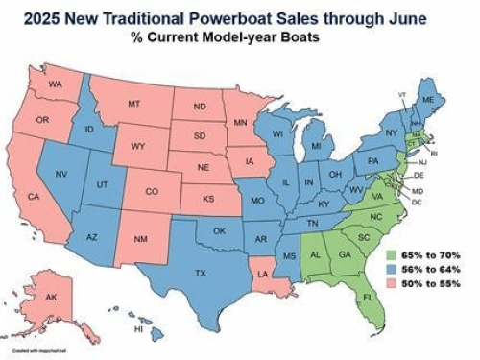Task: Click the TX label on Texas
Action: tap(200, 273)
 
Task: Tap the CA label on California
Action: tap(33, 197)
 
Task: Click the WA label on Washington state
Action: tap(55, 85)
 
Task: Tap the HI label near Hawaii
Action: tap(138, 328)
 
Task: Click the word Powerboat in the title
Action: tap(259, 16)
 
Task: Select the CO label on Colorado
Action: tap(151, 191)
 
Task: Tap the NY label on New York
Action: tap(391, 132)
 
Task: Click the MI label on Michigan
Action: tap(316, 145)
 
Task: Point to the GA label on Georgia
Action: tap(344, 254)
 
